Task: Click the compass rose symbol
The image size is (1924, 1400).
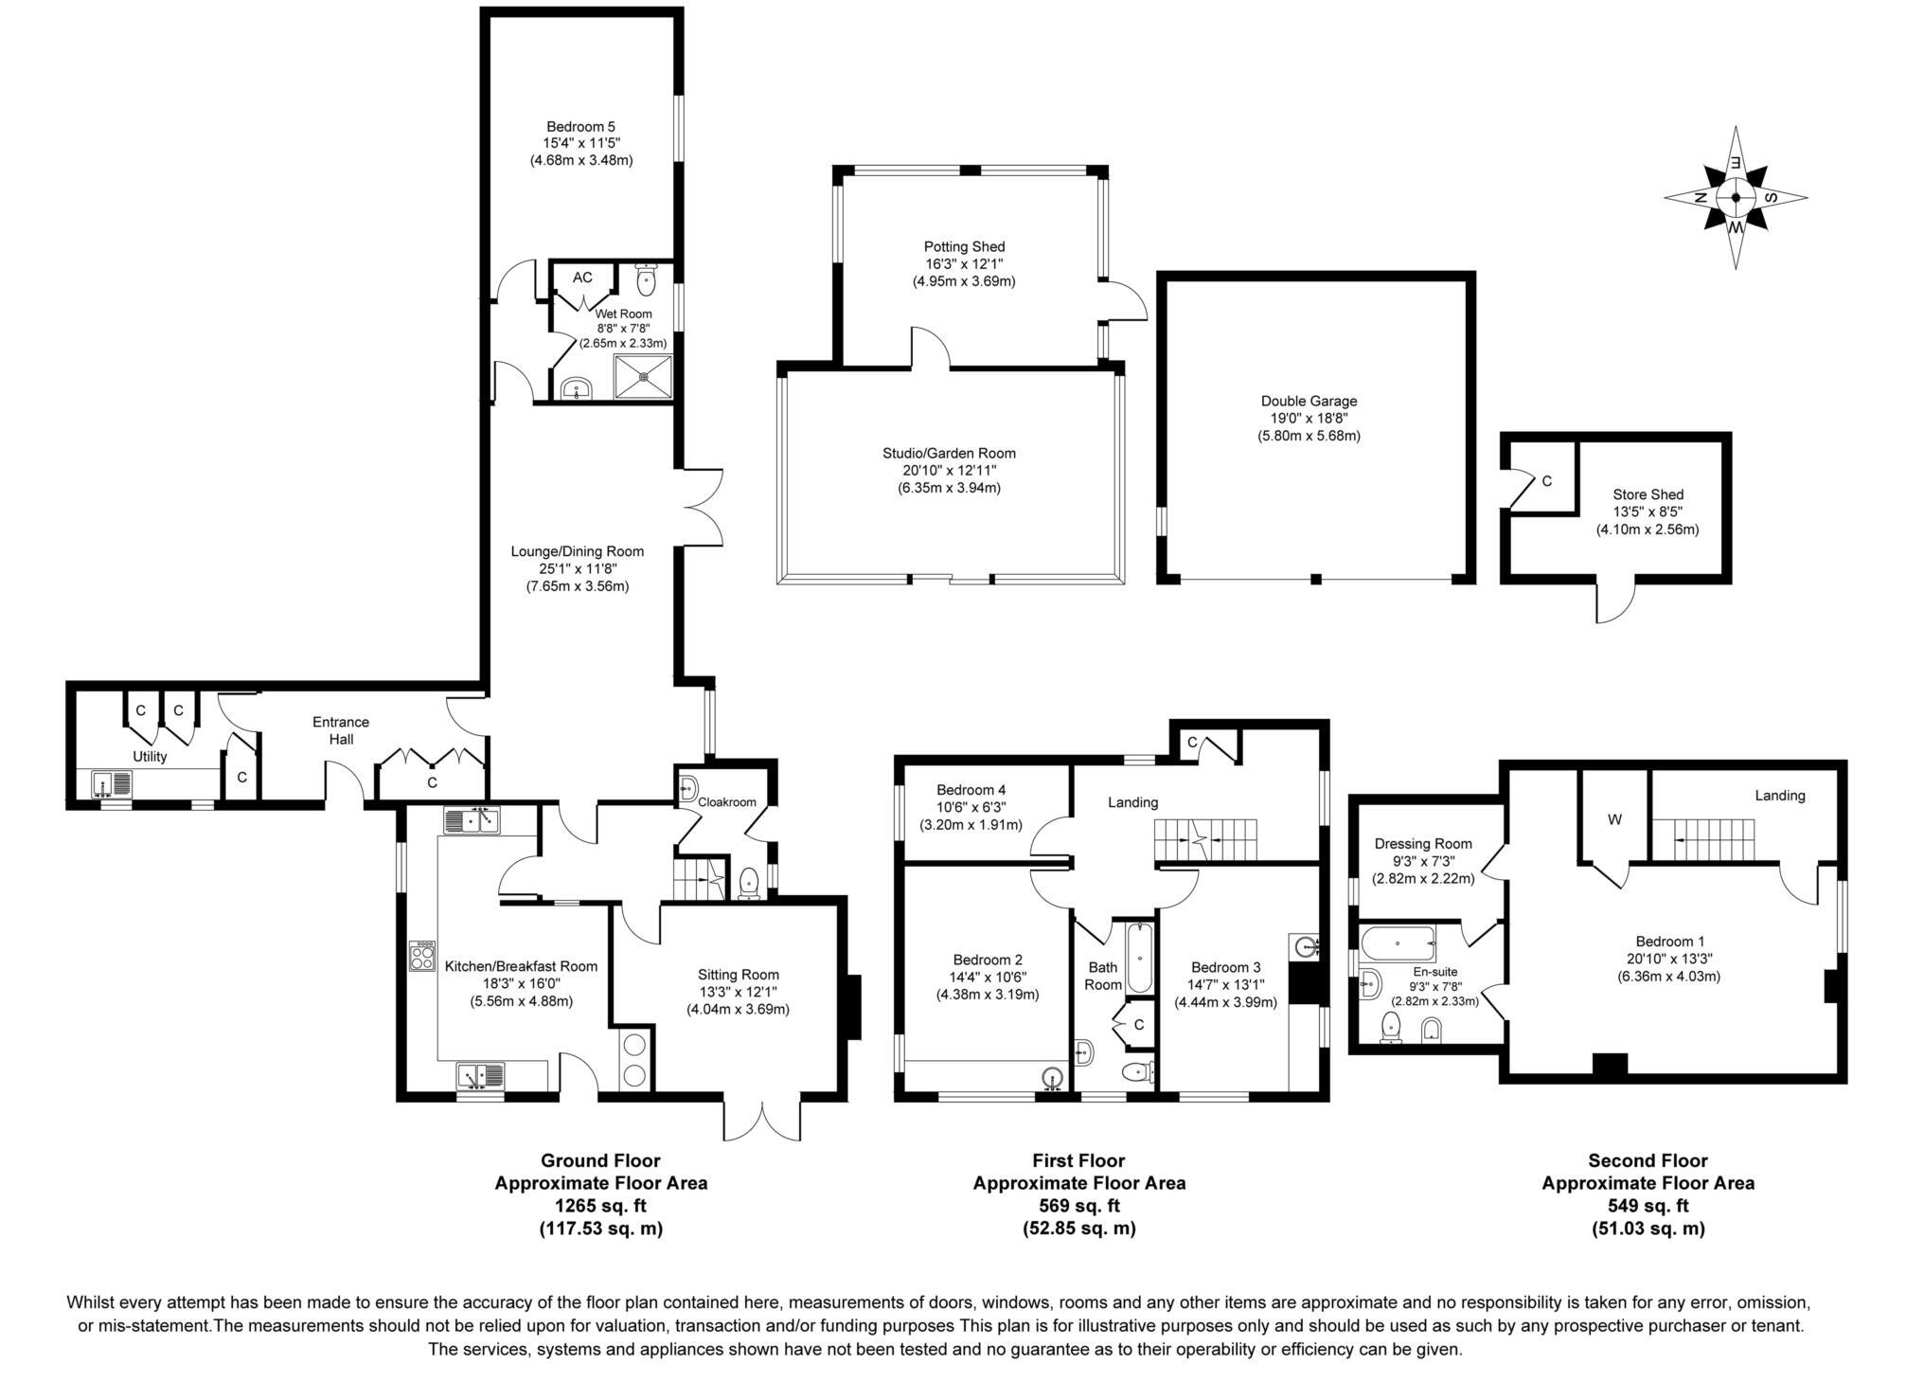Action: point(1735,198)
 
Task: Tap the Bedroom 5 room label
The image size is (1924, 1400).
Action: point(580,126)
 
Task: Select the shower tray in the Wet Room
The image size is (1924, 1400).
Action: point(644,376)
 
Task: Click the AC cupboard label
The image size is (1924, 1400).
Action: point(582,278)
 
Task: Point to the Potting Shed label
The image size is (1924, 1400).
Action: point(964,247)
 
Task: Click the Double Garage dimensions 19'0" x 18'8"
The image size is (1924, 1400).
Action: point(1309,419)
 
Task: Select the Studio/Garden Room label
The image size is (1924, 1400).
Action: point(949,454)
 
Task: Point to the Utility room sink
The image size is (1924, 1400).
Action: point(112,784)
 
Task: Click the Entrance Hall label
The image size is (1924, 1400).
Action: point(341,730)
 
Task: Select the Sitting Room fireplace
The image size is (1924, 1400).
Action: point(852,1007)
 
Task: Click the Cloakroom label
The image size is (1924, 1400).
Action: point(727,802)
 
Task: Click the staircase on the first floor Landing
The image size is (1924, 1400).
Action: point(1204,839)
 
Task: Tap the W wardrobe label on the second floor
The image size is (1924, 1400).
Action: point(1614,820)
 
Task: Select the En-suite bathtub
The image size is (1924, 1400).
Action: point(1398,944)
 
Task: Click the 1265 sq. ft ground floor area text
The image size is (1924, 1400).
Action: point(600,1206)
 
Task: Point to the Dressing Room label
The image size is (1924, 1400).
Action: point(1423,844)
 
